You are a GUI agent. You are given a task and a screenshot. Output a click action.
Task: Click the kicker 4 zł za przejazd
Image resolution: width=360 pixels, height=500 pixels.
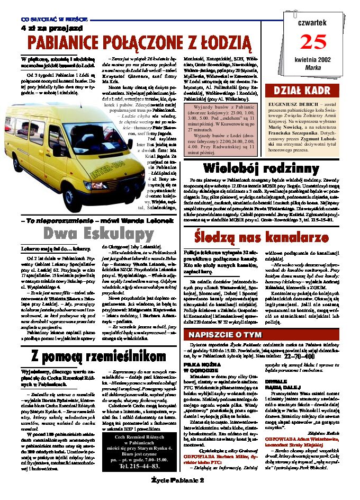pyautogui.click(x=44, y=27)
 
